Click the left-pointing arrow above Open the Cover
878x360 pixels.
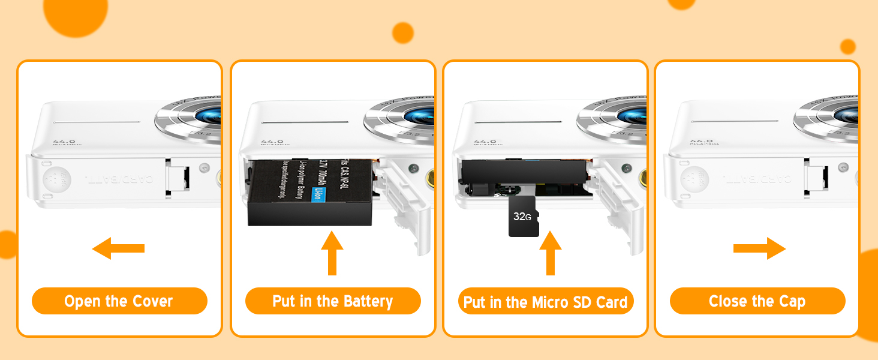point(118,248)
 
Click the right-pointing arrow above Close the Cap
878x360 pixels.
point(759,248)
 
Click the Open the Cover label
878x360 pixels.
point(119,301)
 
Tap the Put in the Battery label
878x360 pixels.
point(333,301)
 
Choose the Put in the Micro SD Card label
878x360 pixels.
point(545,302)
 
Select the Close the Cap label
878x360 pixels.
point(757,301)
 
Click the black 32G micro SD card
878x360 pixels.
point(523,216)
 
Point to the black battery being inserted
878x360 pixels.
point(309,195)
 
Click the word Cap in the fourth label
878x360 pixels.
point(792,301)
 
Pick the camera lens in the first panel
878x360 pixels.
point(204,117)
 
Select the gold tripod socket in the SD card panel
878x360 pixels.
point(644,177)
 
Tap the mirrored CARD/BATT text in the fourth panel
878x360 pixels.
point(757,179)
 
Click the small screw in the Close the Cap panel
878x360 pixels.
point(844,167)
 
